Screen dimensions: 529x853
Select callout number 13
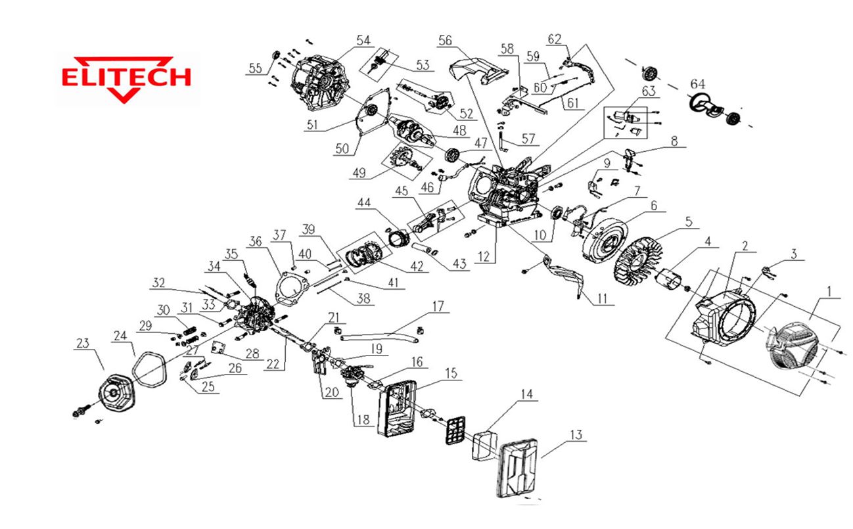click(x=576, y=435)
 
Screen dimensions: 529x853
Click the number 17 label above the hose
click(x=438, y=306)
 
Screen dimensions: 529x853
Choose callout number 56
click(x=446, y=41)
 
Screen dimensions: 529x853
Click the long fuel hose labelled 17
click(x=381, y=336)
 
